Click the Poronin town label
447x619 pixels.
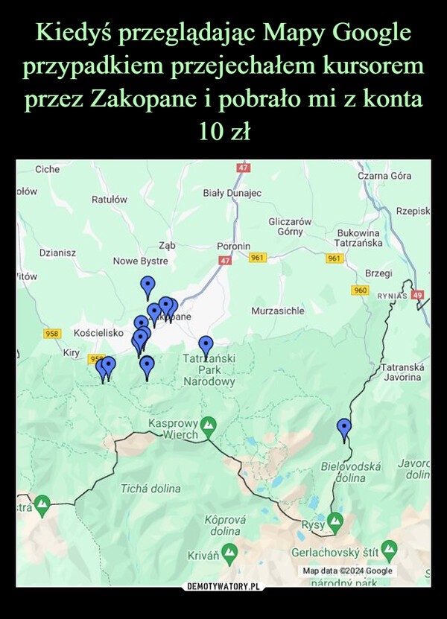tap(233, 246)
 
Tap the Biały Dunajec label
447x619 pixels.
tap(232, 193)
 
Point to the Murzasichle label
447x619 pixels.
tap(279, 309)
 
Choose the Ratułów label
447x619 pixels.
tap(109, 200)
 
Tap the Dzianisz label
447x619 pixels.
tap(57, 254)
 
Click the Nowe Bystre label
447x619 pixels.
tap(140, 261)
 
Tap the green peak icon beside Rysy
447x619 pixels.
tap(335, 519)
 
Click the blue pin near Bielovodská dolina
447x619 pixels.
tap(343, 428)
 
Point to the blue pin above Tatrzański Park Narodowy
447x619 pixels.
tap(206, 346)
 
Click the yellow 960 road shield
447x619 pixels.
tap(361, 289)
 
